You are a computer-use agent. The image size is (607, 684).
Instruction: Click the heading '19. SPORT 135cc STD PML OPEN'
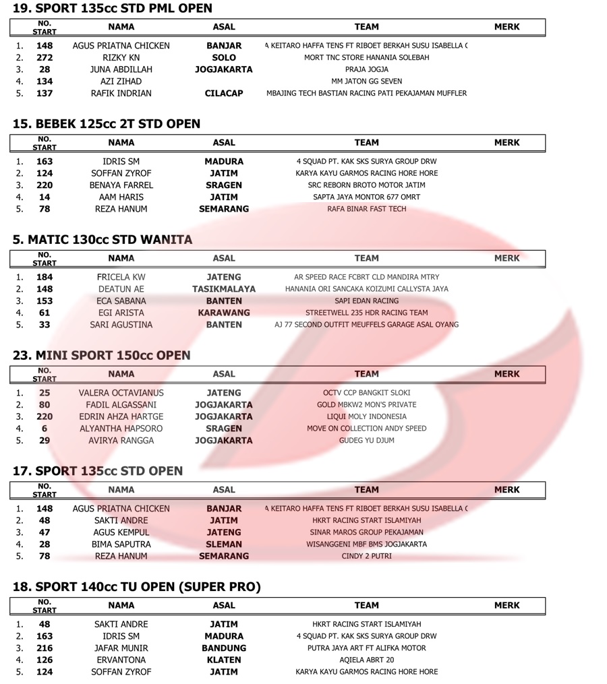pos(113,9)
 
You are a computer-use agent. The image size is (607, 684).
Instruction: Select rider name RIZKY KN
pos(121,57)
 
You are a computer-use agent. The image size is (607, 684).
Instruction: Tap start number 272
pos(45,57)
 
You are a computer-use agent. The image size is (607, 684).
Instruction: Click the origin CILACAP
pos(224,94)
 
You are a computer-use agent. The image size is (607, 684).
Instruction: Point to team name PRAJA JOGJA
pos(366,69)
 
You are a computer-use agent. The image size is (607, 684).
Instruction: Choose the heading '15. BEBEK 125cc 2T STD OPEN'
pos(107,124)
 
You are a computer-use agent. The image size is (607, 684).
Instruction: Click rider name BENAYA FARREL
pos(121,185)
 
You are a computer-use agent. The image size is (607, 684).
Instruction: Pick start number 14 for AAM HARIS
pos(45,197)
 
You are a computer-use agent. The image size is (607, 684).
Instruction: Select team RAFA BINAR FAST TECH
pos(366,209)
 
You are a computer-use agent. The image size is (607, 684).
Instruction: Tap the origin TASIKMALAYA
pos(224,288)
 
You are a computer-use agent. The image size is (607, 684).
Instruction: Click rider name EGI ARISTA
pos(121,313)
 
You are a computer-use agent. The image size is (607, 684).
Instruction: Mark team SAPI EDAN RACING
pos(366,301)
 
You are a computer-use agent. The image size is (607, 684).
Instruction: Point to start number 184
pos(45,277)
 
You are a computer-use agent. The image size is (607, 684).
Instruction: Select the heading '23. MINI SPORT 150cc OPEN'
pos(101,355)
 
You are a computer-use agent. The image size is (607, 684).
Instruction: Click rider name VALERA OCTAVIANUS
pos(121,393)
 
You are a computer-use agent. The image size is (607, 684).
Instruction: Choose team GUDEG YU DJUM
pos(366,441)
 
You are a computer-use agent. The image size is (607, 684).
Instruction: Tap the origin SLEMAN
pos(224,544)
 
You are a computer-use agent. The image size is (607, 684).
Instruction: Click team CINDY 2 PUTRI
pos(366,556)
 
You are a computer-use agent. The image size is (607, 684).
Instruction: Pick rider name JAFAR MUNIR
pos(121,648)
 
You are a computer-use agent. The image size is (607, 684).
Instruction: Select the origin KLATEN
pos(224,660)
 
